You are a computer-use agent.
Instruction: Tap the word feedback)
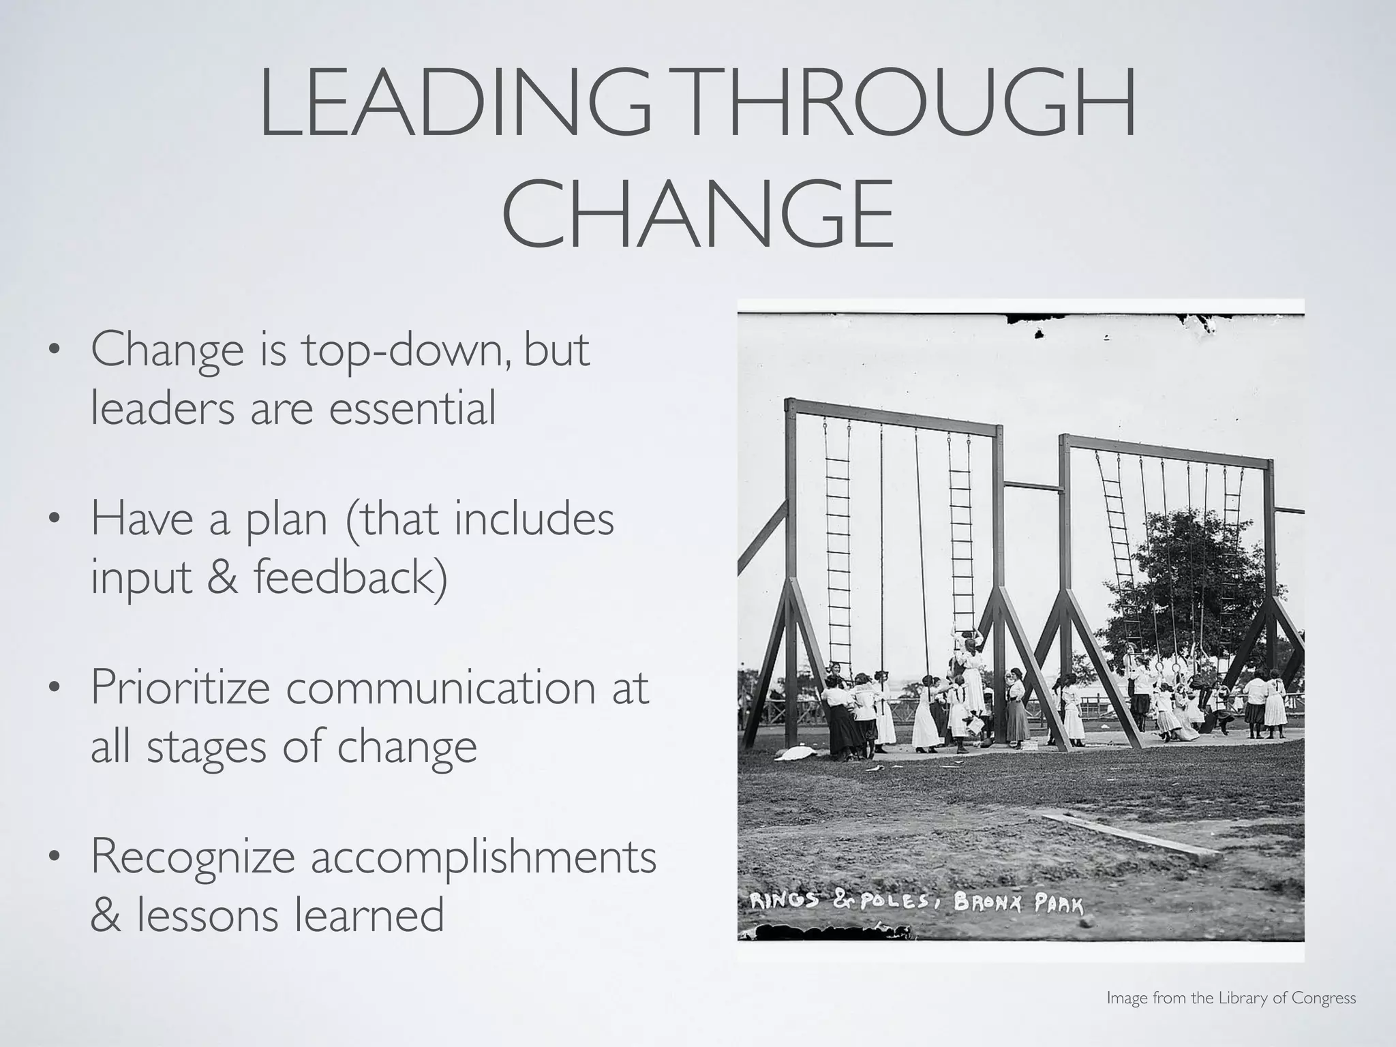tap(350, 577)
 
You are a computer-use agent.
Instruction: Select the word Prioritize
tap(181, 688)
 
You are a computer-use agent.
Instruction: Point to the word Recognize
tap(193, 858)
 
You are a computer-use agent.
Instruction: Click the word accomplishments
tap(484, 858)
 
